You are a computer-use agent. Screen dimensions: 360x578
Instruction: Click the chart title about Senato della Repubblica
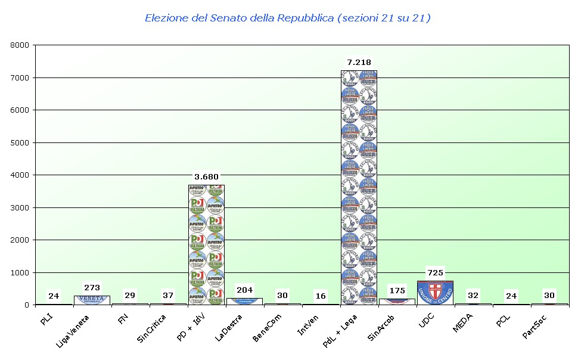click(288, 18)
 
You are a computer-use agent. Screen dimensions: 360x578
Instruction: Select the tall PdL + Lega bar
click(359, 188)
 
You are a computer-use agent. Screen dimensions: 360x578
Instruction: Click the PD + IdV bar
click(206, 244)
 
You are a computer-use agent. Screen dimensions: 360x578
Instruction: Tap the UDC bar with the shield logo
click(435, 293)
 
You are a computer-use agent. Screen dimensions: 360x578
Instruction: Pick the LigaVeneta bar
click(92, 300)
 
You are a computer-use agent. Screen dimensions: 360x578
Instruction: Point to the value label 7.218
click(359, 62)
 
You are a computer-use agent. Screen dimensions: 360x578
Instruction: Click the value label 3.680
click(206, 176)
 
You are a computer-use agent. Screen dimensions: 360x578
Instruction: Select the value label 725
click(435, 273)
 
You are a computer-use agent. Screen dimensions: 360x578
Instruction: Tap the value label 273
click(92, 288)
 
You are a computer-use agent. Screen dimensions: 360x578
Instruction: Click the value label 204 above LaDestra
click(244, 290)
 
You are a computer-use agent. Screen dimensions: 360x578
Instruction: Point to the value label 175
click(397, 291)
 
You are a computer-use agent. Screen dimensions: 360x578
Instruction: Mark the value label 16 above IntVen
click(321, 296)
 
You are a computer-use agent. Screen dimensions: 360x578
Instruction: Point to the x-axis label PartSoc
click(536, 325)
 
